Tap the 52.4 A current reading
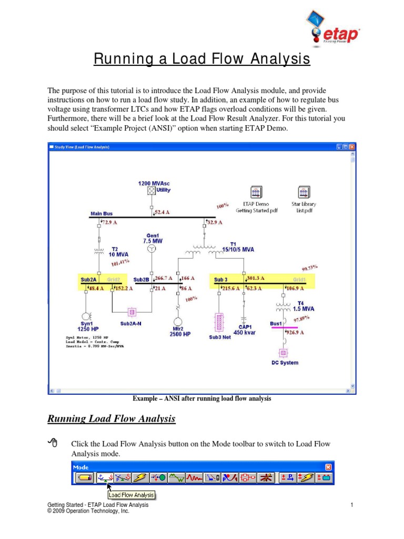[163, 212]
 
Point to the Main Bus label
[102, 214]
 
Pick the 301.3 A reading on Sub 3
[256, 278]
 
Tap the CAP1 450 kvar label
[244, 330]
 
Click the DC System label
[285, 363]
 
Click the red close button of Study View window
[352, 147]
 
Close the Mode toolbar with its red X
[328, 467]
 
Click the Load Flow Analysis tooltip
[131, 495]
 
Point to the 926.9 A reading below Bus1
[295, 333]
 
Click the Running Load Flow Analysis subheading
[112, 420]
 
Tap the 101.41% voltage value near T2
[120, 262]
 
